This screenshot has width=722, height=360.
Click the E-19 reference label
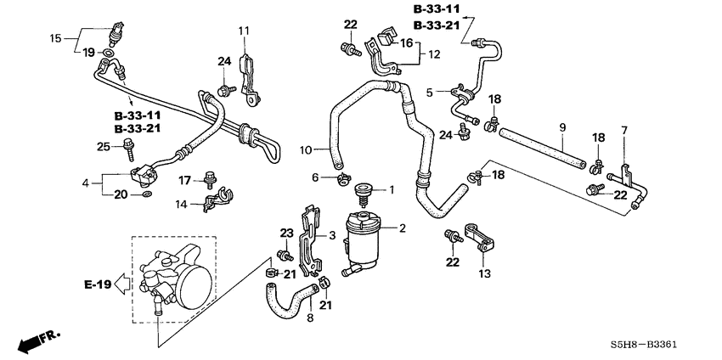pyautogui.click(x=98, y=284)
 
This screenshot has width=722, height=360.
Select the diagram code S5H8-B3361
pyautogui.click(x=644, y=345)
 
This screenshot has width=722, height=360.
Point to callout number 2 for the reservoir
pyautogui.click(x=402, y=228)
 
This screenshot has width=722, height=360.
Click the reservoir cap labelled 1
pyautogui.click(x=364, y=194)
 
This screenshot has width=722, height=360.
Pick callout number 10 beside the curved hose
pyautogui.click(x=306, y=150)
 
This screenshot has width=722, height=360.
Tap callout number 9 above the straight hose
pyautogui.click(x=562, y=127)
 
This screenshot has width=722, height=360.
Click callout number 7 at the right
pyautogui.click(x=624, y=130)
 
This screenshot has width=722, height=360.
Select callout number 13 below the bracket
pyautogui.click(x=484, y=274)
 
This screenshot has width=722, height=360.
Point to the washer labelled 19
pyautogui.click(x=107, y=53)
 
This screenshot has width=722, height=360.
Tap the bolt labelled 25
pyautogui.click(x=128, y=149)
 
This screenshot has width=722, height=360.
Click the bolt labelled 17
pyautogui.click(x=210, y=180)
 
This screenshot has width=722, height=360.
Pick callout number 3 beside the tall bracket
pyautogui.click(x=332, y=236)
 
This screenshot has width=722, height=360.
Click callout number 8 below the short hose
pyautogui.click(x=310, y=318)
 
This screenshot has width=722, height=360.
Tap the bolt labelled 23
pyautogui.click(x=285, y=255)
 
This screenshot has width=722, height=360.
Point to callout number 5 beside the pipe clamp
pyautogui.click(x=430, y=93)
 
